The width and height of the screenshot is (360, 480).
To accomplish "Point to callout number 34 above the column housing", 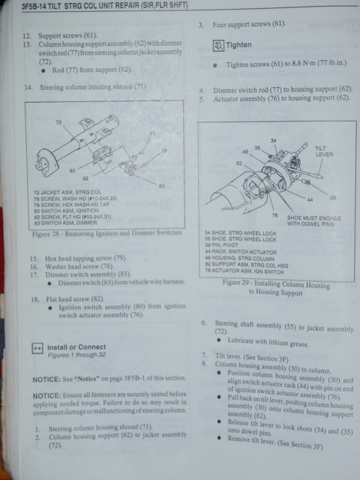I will [273, 140].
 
